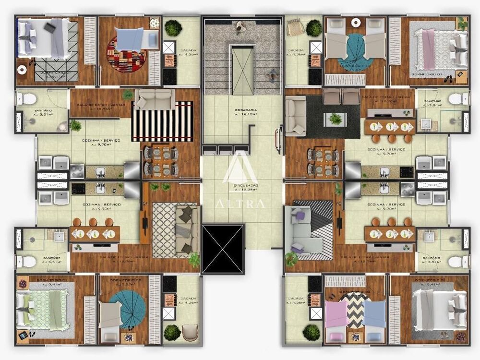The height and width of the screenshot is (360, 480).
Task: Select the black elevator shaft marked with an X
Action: pyautogui.click(x=223, y=249)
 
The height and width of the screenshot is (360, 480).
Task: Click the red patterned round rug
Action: pyautogui.click(x=126, y=54)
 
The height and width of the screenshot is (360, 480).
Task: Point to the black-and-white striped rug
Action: pyautogui.click(x=162, y=121)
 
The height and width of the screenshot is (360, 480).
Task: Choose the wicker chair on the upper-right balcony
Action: pyautogui.click(x=294, y=28)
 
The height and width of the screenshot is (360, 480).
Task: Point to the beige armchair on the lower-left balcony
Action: pyautogui.click(x=190, y=331)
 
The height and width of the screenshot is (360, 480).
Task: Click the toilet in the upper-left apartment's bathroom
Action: pyautogui.click(x=27, y=99)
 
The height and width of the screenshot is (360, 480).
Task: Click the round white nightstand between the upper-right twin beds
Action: pyautogui.click(x=356, y=22)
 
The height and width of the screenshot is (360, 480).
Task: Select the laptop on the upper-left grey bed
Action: pyautogui.click(x=50, y=27)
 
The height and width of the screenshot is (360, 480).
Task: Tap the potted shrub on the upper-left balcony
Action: pyautogui.click(x=173, y=28)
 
